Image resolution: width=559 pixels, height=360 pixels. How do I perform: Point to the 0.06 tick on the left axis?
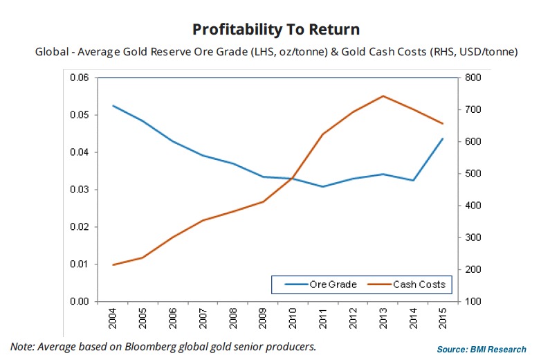tap(80, 78)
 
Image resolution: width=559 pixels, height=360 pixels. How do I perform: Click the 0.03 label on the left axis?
tap(80, 190)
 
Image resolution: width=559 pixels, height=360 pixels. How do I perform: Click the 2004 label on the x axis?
tap(113, 319)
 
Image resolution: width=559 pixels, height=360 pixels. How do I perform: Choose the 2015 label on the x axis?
tap(441, 319)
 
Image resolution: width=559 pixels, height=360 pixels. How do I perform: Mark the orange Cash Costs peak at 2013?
tap(383, 96)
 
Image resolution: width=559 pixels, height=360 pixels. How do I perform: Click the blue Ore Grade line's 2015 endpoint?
tap(441, 138)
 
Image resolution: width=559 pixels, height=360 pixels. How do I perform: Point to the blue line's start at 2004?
tap(113, 106)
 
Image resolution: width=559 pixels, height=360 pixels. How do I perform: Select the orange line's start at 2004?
tap(113, 264)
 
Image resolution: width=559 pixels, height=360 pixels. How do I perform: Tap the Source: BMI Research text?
tap(482, 349)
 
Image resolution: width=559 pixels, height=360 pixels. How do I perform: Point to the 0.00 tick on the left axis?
tap(80, 302)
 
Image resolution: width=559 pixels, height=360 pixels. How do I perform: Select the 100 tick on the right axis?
tap(477, 302)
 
